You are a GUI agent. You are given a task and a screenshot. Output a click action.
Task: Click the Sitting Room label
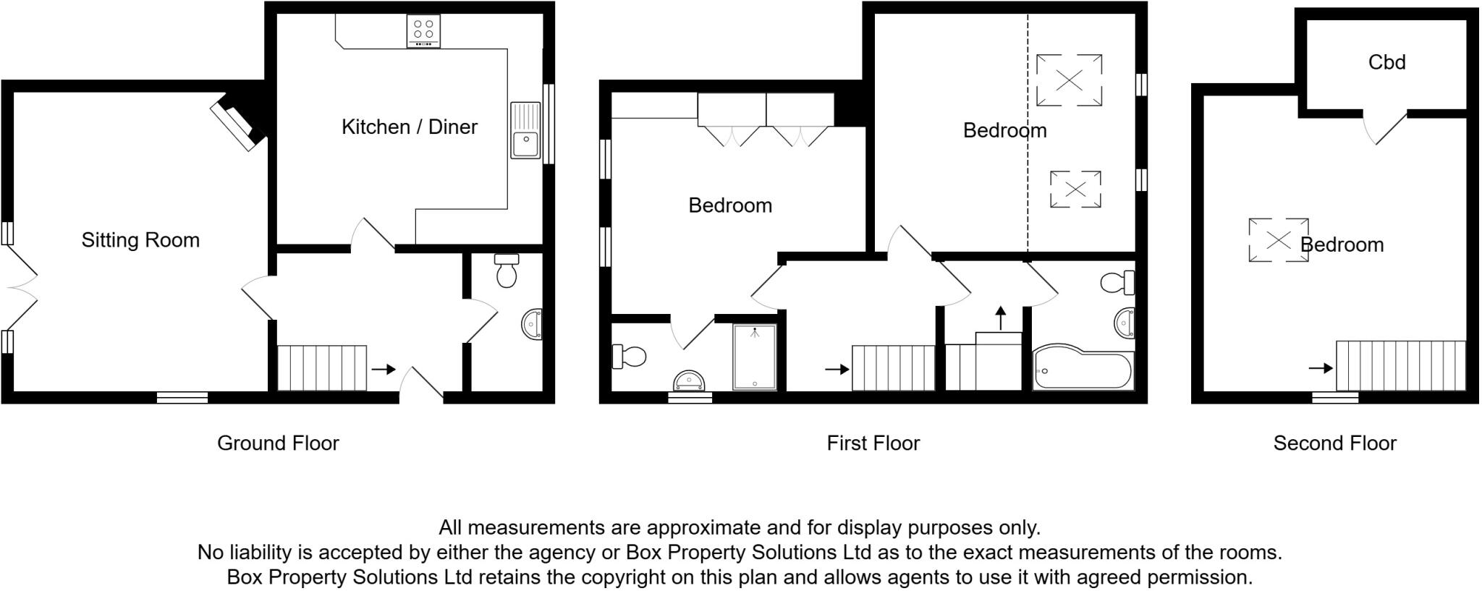[x=140, y=240]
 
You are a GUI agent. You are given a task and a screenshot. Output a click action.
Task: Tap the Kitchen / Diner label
[x=410, y=127]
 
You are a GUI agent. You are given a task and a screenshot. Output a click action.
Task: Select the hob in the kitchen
[x=423, y=31]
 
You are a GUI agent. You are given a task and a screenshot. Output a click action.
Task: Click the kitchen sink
[x=526, y=131]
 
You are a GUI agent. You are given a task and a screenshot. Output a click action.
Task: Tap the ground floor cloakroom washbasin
[x=532, y=324]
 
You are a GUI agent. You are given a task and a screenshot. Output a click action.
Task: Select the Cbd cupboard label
[x=1386, y=62]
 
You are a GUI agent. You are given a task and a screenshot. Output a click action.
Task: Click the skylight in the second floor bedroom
[x=1278, y=240]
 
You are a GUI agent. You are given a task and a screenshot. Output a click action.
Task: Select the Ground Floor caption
[x=278, y=443]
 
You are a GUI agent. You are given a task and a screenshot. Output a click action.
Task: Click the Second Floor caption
[x=1334, y=443]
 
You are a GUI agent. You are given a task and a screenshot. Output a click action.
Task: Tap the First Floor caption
[x=873, y=443]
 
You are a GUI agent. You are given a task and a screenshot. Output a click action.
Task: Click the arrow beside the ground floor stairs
[x=384, y=370]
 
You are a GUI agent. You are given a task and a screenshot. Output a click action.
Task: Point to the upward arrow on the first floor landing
[x=1001, y=317]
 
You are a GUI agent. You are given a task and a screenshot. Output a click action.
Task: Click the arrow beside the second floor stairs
[x=1321, y=368]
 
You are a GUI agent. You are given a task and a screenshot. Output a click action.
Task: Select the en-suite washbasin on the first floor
[x=690, y=380]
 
